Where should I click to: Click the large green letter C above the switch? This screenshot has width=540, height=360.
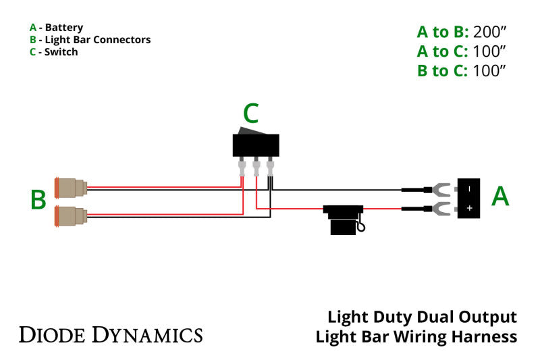[250, 114]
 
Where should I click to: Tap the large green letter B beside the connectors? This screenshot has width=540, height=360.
[38, 200]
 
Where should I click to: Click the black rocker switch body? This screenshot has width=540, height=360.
[256, 145]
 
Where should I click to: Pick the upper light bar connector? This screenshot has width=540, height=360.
[70, 187]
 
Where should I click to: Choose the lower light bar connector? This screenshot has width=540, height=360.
[70, 215]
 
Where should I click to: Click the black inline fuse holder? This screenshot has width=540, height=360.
[344, 220]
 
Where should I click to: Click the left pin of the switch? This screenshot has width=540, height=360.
[242, 165]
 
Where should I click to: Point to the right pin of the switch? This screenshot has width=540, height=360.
[271, 165]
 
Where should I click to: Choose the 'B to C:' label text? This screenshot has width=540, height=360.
[442, 71]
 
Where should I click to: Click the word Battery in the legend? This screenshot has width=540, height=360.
[64, 28]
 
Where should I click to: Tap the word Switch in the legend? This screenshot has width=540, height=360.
[61, 51]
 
